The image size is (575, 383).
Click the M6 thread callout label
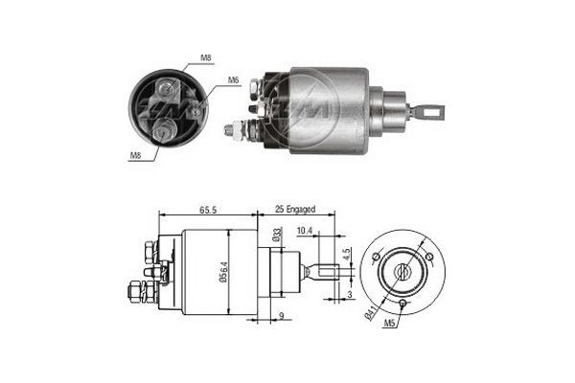(233, 81)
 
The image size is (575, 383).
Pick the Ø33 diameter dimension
(276, 236)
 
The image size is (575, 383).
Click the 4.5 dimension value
(347, 256)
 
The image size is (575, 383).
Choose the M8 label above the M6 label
(206, 59)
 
